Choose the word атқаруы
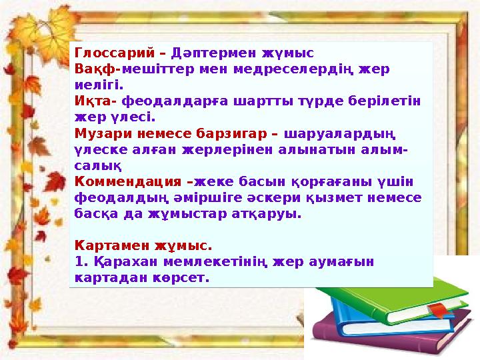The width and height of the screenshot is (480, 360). (272, 215)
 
